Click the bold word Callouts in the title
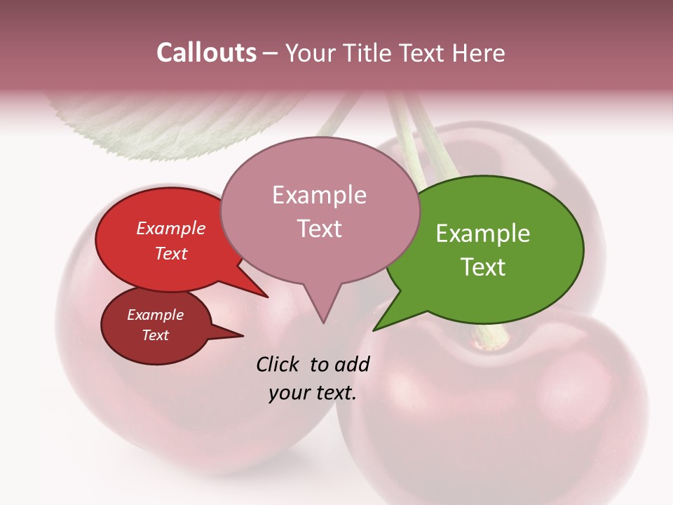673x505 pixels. [x=206, y=53]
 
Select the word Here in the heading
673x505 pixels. [x=479, y=53]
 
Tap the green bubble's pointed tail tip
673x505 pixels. [x=374, y=330]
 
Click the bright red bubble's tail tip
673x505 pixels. [x=267, y=297]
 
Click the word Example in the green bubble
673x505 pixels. [x=483, y=234]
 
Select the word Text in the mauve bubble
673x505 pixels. [x=320, y=229]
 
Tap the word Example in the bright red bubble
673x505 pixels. [x=171, y=228]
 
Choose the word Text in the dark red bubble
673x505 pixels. [x=156, y=335]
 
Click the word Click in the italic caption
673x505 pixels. [x=277, y=364]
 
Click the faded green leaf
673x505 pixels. [x=161, y=126]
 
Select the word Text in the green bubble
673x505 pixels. [x=483, y=267]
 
